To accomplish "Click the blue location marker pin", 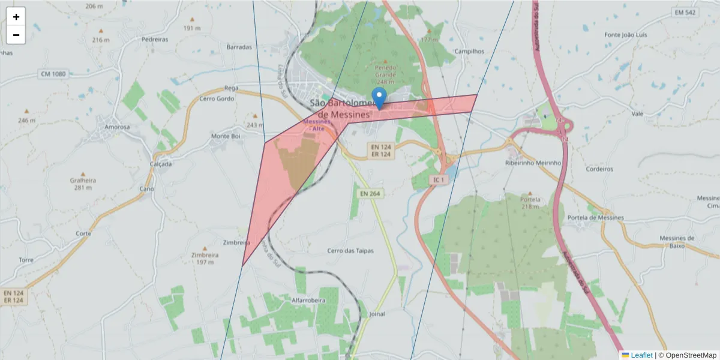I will [379, 98].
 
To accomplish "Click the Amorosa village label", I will [117, 127].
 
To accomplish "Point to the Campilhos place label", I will [469, 52].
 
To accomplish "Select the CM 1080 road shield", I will [53, 74].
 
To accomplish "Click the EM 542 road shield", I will [685, 13].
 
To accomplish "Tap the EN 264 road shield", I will [371, 194].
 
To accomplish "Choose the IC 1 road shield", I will [439, 179].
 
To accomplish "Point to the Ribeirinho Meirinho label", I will [533, 163].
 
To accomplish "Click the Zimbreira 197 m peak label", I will [203, 258].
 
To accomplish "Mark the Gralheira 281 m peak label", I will [83, 183].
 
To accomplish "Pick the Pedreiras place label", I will [154, 39].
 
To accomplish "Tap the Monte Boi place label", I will [226, 136].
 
